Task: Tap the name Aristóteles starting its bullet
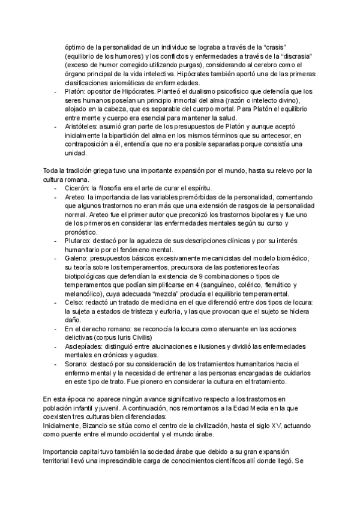pos(82,128)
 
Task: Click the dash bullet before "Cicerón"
pos(56,188)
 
